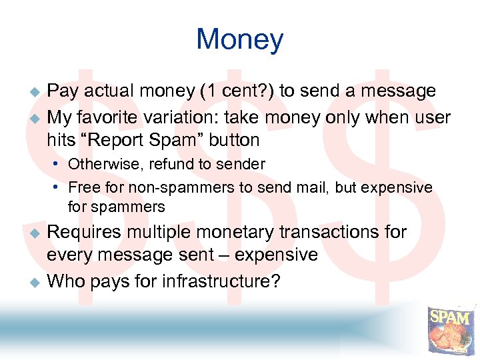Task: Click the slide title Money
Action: pos(239,40)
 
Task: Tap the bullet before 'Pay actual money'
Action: pos(37,91)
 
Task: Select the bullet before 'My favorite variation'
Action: pos(37,118)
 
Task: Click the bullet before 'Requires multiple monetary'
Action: pos(37,233)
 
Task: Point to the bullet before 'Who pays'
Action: pos(37,282)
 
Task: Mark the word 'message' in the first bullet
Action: pos(396,91)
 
